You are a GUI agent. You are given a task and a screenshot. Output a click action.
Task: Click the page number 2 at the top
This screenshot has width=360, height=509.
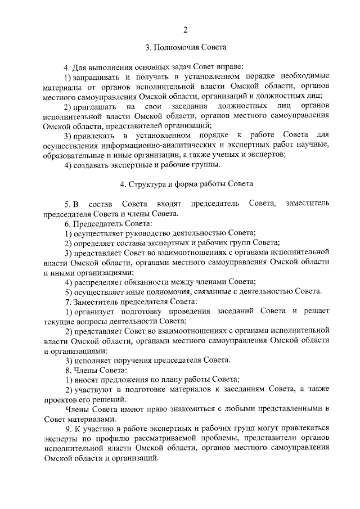[x=185, y=29]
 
